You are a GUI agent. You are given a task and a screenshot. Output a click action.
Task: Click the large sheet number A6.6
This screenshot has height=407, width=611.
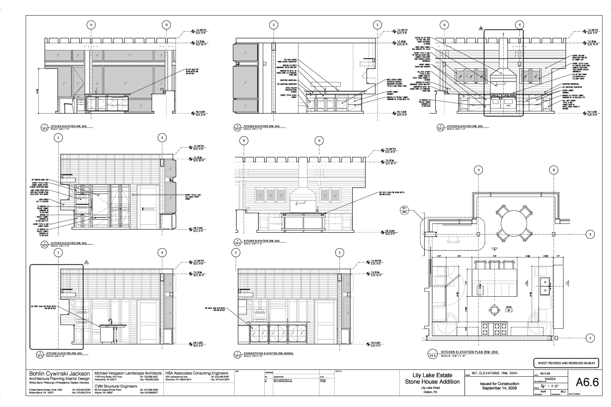tap(587, 382)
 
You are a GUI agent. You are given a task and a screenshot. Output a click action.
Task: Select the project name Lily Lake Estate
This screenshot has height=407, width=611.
tap(432, 375)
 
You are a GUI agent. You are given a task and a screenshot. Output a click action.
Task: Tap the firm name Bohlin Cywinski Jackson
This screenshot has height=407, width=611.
tap(59, 374)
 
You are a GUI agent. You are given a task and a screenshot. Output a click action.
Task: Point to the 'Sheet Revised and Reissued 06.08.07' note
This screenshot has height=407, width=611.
tap(566, 363)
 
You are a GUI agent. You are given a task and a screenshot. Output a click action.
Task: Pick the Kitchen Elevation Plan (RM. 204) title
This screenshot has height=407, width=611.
tap(469, 352)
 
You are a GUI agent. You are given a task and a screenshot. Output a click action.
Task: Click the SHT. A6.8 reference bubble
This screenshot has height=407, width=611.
tap(404, 210)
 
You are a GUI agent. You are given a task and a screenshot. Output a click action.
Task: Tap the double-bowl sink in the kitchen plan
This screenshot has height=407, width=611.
tap(545, 286)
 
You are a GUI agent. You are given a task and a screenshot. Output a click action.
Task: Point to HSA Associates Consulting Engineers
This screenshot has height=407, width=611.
tap(197, 373)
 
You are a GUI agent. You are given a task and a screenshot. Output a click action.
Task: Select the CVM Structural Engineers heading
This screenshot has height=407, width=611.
tap(116, 386)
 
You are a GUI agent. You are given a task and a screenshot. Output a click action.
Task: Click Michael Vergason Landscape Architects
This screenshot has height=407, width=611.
tap(128, 373)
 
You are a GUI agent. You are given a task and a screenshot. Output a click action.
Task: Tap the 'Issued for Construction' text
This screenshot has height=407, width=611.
tap(499, 384)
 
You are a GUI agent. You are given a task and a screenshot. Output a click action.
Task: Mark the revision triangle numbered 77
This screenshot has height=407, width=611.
tap(87, 262)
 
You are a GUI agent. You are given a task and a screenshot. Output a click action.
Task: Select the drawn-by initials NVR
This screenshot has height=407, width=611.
tap(543, 391)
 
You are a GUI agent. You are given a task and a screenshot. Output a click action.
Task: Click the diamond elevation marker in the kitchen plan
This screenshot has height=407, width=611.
tap(495, 310)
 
